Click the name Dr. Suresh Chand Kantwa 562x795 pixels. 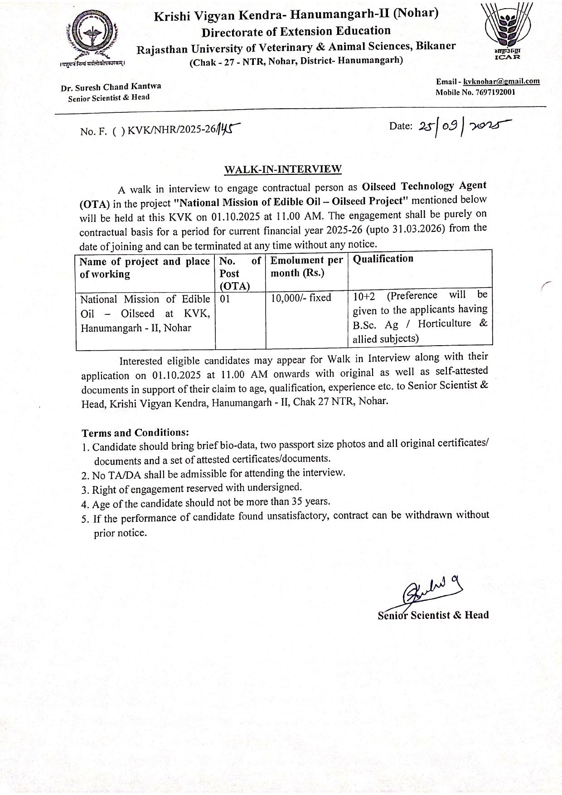pyautogui.click(x=111, y=87)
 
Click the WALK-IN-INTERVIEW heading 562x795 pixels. pyautogui.click(x=283, y=169)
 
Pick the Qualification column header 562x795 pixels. pyautogui.click(x=383, y=259)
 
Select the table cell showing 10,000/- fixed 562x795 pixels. pyautogui.click(x=301, y=298)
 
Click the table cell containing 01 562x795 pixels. pyautogui.click(x=225, y=299)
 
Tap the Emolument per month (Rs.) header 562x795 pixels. pyautogui.click(x=306, y=266)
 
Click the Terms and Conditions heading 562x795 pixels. pyautogui.click(x=135, y=432)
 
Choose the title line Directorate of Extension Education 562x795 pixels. pyautogui.click(x=296, y=32)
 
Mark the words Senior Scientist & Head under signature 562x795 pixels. pyautogui.click(x=433, y=615)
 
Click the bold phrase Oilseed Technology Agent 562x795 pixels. pyautogui.click(x=424, y=186)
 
